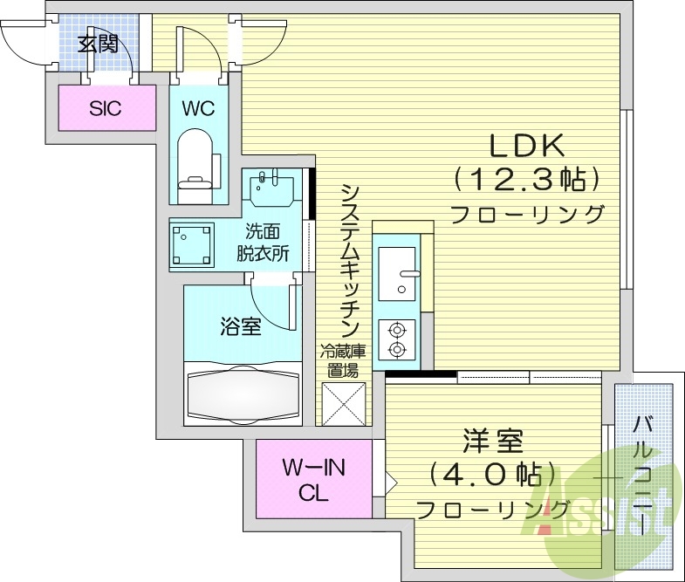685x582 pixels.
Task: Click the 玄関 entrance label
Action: (x=98, y=44)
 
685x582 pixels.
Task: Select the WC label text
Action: (x=197, y=109)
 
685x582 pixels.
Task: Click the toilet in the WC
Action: (x=196, y=159)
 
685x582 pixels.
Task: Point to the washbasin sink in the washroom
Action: (x=272, y=187)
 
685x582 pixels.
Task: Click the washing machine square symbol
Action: (x=193, y=245)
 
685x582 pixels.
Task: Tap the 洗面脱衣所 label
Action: (x=264, y=243)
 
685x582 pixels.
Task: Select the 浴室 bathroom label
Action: (x=240, y=327)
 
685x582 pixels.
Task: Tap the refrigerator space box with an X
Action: (x=343, y=402)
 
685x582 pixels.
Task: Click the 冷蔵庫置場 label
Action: (x=343, y=360)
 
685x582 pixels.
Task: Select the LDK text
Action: (x=526, y=145)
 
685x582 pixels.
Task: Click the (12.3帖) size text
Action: (x=526, y=180)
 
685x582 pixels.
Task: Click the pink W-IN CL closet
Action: (x=314, y=481)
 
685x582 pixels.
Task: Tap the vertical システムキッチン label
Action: (x=350, y=261)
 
